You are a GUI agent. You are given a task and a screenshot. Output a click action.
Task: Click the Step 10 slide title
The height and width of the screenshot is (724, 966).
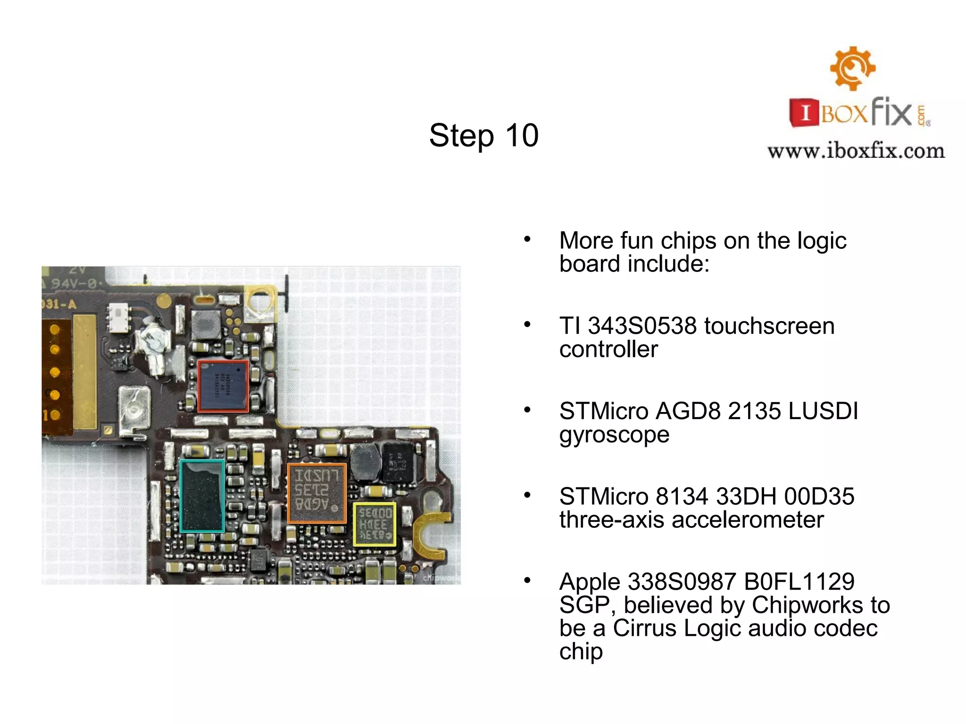click(x=483, y=136)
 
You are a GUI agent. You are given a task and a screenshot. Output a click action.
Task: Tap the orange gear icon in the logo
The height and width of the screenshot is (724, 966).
click(x=852, y=68)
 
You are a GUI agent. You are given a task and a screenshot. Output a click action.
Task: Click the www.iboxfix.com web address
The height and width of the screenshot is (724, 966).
click(x=856, y=151)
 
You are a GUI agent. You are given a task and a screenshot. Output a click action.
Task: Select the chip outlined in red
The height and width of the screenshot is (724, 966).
click(x=223, y=386)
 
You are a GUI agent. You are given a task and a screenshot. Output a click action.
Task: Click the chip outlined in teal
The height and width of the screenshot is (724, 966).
click(x=202, y=496)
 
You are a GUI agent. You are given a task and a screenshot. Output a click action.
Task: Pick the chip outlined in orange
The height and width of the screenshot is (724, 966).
click(x=316, y=493)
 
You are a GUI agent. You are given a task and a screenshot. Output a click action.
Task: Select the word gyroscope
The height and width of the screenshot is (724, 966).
click(x=614, y=435)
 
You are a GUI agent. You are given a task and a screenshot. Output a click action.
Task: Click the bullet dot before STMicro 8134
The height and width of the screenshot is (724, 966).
click(x=527, y=495)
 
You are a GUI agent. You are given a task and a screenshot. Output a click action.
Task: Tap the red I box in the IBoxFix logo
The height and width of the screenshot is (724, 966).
click(x=805, y=113)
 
